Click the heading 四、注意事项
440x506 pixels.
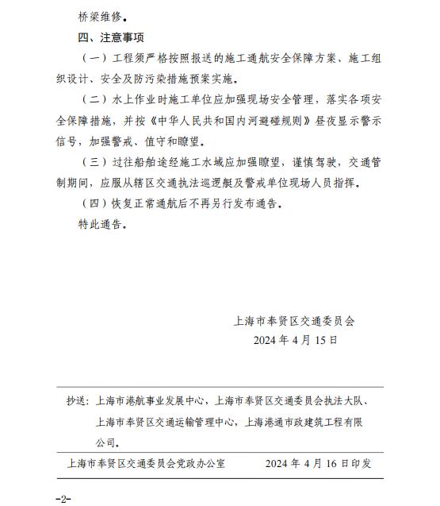pyautogui.click(x=111, y=37)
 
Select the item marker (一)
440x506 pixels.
pyautogui.click(x=96, y=60)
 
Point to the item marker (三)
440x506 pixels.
pyautogui.click(x=96, y=162)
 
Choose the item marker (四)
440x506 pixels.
pyautogui.click(x=96, y=203)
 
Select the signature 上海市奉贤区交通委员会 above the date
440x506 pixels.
pyautogui.click(x=296, y=322)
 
